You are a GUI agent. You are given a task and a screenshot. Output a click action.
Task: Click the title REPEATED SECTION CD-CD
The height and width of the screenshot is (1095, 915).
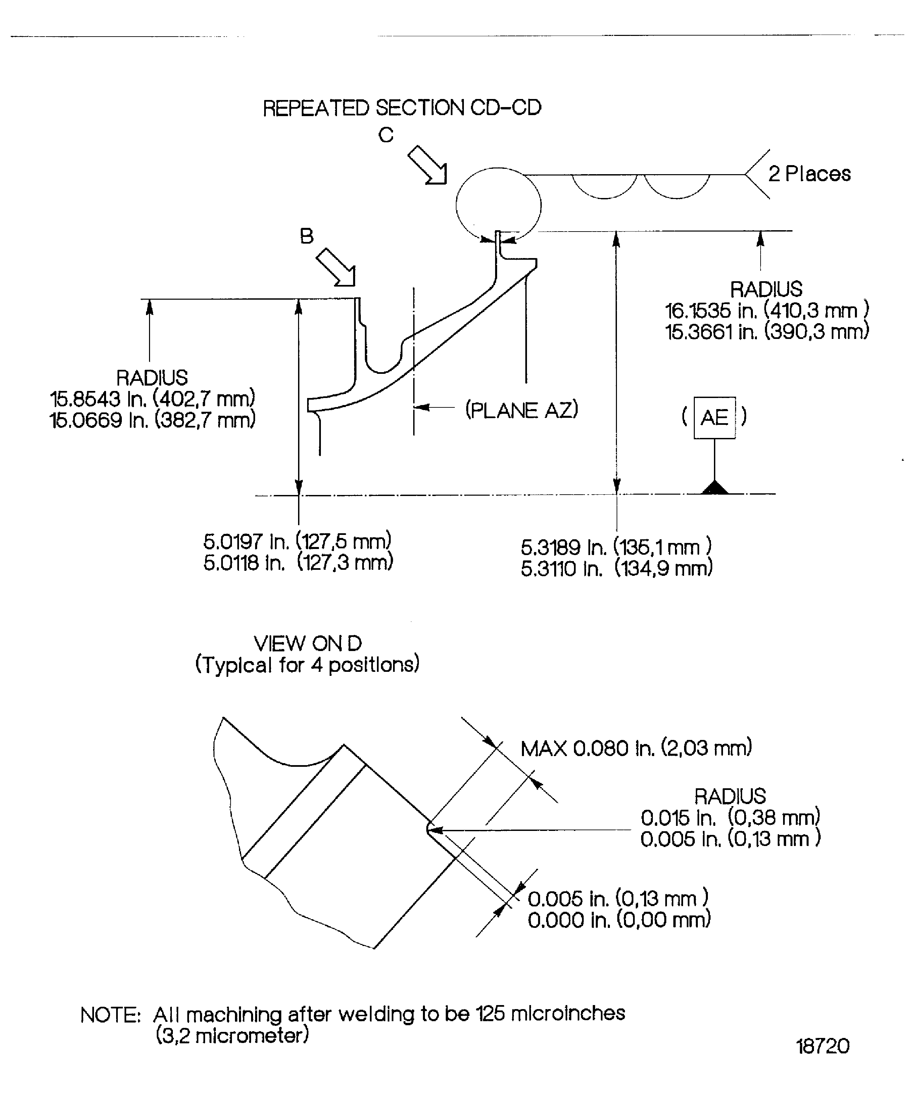click(402, 108)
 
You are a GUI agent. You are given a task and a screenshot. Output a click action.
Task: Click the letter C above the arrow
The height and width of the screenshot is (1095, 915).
click(386, 135)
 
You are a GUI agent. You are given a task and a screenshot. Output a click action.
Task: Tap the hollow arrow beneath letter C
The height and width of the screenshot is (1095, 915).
click(428, 165)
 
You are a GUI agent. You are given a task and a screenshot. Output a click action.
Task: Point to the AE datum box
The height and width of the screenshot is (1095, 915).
click(714, 418)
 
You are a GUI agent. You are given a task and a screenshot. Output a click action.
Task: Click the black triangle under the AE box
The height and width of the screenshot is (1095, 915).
click(715, 488)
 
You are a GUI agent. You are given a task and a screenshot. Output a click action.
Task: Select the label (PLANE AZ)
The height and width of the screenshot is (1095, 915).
click(522, 410)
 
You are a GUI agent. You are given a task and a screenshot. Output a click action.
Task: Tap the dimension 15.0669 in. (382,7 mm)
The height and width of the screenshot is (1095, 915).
click(152, 420)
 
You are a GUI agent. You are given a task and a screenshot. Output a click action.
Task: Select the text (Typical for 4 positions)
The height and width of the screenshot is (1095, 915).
click(307, 665)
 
